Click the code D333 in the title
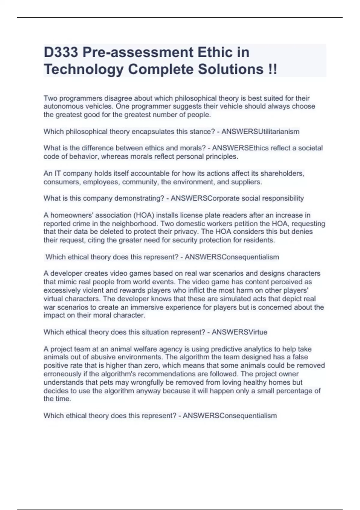[61, 52]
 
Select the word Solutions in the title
[230, 69]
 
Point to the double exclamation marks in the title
[272, 69]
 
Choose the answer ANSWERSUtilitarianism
[260, 131]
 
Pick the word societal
[311, 148]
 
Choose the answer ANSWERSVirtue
[239, 332]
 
